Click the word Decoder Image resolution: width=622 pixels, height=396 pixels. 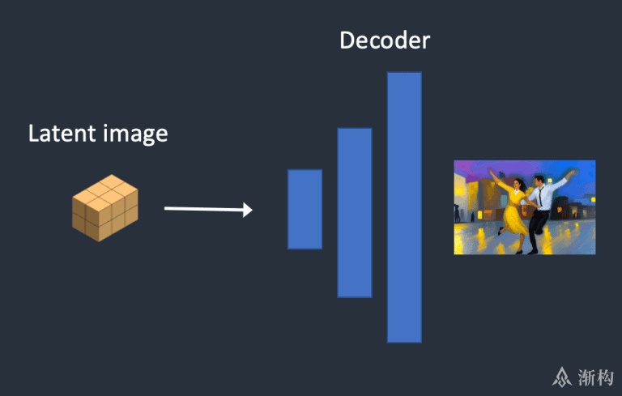pyautogui.click(x=385, y=40)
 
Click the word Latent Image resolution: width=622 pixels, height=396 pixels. pyautogui.click(x=62, y=133)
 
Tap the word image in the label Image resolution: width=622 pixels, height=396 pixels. pyautogui.click(x=135, y=134)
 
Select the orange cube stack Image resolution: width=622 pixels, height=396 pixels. pyautogui.click(x=105, y=208)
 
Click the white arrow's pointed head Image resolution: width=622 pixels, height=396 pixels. pyautogui.click(x=248, y=210)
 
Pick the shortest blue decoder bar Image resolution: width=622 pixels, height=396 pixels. pyautogui.click(x=305, y=209)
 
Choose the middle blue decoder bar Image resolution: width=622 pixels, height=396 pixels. pyautogui.click(x=355, y=212)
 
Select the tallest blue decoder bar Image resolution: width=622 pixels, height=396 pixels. pyautogui.click(x=404, y=207)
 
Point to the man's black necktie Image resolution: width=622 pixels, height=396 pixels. pyautogui.click(x=540, y=197)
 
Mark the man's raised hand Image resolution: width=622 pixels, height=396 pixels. pyautogui.click(x=572, y=173)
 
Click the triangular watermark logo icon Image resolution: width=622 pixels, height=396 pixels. pyautogui.click(x=562, y=377)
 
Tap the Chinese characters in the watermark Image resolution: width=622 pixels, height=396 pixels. pyautogui.click(x=595, y=377)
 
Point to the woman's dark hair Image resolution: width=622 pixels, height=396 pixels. pyautogui.click(x=521, y=185)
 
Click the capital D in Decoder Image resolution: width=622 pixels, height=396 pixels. pyautogui.click(x=347, y=40)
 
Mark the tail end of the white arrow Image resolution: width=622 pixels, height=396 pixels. pyautogui.click(x=165, y=208)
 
